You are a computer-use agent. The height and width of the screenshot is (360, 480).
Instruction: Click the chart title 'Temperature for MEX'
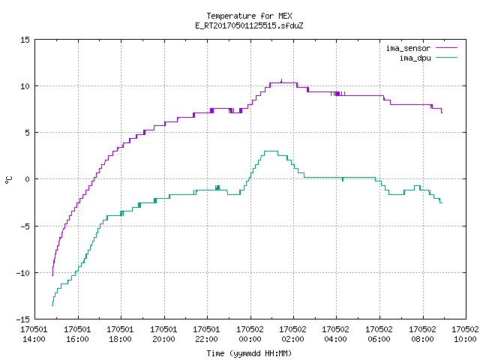pos(249,16)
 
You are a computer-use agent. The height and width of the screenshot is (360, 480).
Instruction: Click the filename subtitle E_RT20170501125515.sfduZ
pos(249,25)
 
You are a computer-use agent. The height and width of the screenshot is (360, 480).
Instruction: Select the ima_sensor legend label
pos(408,48)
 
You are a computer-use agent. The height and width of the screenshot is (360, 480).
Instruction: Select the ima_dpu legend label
pos(415,58)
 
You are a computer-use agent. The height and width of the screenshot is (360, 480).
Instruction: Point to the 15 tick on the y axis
pos(25,40)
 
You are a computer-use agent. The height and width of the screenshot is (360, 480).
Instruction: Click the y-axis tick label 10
pos(25,86)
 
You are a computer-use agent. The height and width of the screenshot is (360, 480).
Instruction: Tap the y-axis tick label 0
pos(27,179)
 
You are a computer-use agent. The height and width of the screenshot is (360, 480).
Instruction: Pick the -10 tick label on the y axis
pos(23,273)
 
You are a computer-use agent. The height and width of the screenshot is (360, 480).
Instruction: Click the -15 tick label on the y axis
pos(23,319)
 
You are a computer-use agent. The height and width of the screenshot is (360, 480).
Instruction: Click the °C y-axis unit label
pos(8,180)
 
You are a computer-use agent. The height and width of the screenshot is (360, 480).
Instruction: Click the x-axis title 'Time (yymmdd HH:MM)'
pos(249,353)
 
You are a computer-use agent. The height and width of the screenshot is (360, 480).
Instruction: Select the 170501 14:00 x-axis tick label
pos(34,334)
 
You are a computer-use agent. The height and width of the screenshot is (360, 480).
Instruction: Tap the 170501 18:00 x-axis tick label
pos(120,334)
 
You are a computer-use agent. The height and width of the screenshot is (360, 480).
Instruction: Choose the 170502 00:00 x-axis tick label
pos(250,334)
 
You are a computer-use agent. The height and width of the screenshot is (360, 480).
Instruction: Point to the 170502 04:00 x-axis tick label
pos(336,334)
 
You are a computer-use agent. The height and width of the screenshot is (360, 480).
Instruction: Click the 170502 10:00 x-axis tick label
pos(465,334)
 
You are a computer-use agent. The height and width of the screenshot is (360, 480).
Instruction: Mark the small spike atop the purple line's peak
pos(282,81)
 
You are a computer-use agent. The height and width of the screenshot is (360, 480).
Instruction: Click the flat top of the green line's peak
pos(271,151)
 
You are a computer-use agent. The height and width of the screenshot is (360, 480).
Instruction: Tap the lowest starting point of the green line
pos(52,305)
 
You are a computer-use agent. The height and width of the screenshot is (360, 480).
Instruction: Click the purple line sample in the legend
pos(447,48)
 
